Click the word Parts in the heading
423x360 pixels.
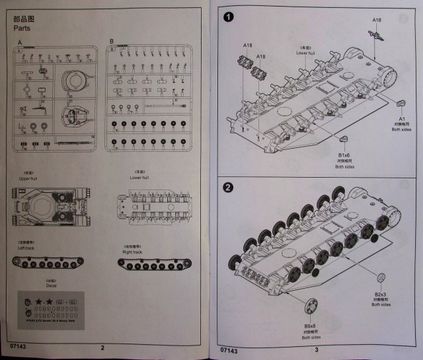(x=24, y=28)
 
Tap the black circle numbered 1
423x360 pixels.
(x=229, y=17)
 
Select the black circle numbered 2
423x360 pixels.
(x=229, y=186)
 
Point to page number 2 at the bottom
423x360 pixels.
(x=102, y=348)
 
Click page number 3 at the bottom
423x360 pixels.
(x=317, y=349)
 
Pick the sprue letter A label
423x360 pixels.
(x=20, y=43)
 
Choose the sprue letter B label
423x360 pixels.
(x=112, y=41)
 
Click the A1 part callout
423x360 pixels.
(x=401, y=118)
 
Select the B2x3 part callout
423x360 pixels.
(x=380, y=294)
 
